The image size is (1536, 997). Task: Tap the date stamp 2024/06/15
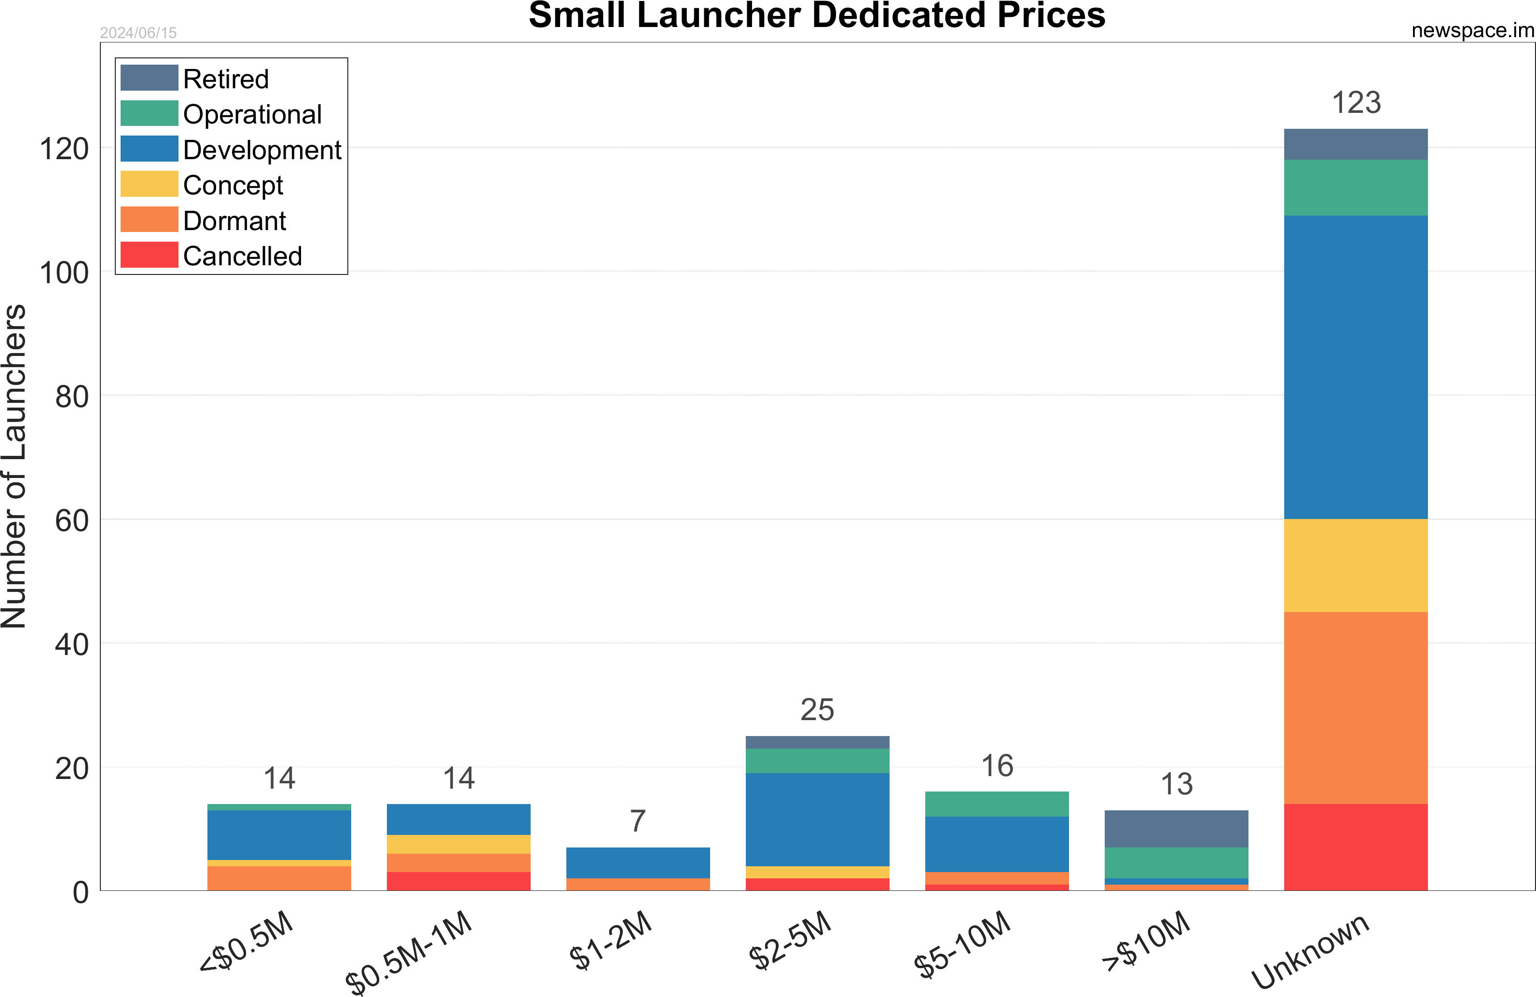tap(138, 33)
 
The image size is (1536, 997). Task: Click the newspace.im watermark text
tap(1472, 30)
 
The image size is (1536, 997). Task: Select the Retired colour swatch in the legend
tap(149, 78)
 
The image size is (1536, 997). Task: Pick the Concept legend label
tap(233, 185)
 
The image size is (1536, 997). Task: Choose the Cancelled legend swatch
tap(149, 255)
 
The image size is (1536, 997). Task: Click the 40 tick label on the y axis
tap(71, 645)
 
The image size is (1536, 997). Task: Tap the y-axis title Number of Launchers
tap(14, 466)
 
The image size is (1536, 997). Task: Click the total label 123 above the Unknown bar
tap(1356, 103)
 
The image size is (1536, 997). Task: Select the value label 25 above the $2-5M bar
tap(817, 710)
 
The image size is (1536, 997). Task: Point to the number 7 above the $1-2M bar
tap(638, 821)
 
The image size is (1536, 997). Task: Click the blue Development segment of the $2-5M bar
tap(817, 819)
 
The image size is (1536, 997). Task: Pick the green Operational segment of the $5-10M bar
tap(997, 804)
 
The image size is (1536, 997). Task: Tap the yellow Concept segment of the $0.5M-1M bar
tap(458, 844)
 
